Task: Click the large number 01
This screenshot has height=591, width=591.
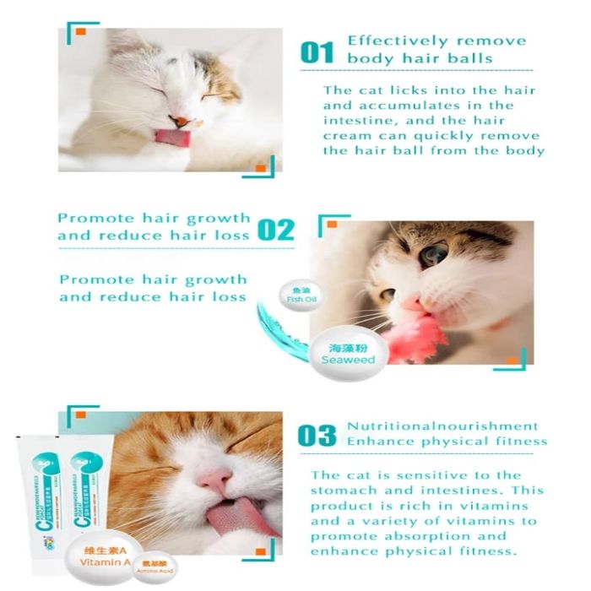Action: [x=317, y=52]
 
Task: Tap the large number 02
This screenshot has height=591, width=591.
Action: [x=275, y=229]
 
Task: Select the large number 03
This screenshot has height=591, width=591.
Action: [x=317, y=436]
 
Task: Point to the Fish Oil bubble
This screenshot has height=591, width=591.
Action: [x=295, y=296]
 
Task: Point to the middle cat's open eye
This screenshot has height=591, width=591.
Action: [x=435, y=253]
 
